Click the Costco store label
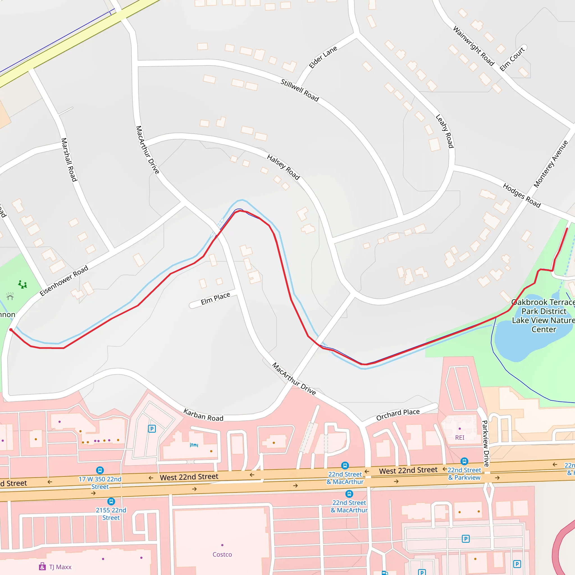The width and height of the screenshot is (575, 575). pos(222,555)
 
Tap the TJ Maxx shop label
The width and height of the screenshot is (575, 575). pos(60,567)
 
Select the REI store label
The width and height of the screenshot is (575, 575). pos(460,437)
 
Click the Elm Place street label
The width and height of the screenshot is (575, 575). pos(215,298)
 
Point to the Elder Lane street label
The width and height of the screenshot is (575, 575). pos(323,57)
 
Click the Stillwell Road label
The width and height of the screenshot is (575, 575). pos(299,90)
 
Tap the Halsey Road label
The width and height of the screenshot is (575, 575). pos(283,167)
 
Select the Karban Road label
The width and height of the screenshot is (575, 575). pos(203,415)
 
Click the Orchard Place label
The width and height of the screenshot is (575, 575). pos(398,415)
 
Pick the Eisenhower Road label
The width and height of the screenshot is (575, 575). pos(64,280)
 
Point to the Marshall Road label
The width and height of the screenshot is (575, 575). pos(69,159)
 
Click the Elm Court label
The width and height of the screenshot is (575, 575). pos(512,59)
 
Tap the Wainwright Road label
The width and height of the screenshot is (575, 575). pos(473,46)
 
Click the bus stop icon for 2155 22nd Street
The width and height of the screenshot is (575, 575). pos(111,501)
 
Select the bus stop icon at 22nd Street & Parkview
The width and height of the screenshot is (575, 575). pos(464,461)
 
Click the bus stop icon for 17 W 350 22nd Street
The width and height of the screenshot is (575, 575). pos(100,470)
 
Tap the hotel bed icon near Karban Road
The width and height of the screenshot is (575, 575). pos(194,445)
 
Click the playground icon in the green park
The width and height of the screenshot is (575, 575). pos(22,284)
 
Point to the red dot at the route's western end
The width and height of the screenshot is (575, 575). pos(11,330)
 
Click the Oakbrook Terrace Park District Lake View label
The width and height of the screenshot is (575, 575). pos(544,316)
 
